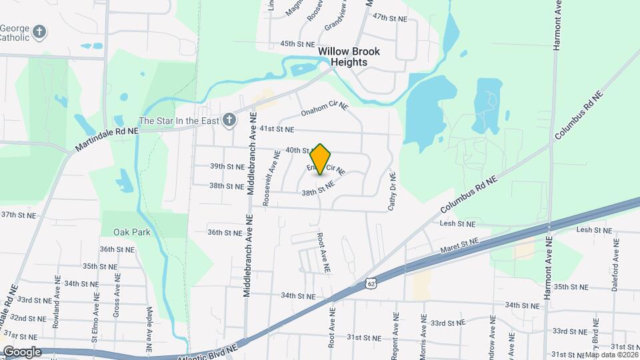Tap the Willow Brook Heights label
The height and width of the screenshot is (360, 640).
[x=343, y=57]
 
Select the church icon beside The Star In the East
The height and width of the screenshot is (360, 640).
[x=229, y=121]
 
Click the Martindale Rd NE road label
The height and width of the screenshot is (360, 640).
[x=107, y=139]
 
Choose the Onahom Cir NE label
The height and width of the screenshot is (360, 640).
[x=325, y=109]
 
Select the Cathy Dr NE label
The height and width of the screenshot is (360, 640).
[x=392, y=192]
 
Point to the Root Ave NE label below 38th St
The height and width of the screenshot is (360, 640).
[x=324, y=253]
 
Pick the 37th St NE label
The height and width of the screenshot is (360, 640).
[x=17, y=215]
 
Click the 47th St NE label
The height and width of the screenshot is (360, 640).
[x=390, y=18]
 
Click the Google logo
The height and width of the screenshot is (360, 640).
[x=22, y=351]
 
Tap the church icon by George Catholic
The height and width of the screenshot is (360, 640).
[x=39, y=31]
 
